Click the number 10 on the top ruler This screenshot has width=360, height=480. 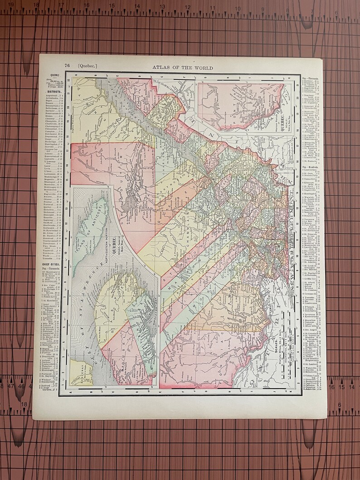tap(237, 8)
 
